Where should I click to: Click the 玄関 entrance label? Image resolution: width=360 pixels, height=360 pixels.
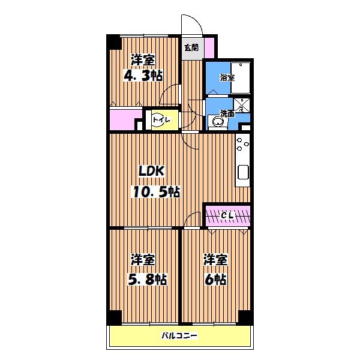[x=191, y=48]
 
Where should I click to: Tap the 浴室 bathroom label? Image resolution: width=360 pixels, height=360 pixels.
[x=227, y=77]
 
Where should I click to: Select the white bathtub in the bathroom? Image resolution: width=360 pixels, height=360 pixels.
[x=241, y=77]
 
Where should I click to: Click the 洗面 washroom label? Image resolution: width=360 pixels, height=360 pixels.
[x=227, y=113]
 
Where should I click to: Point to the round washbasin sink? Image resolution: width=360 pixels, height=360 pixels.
[x=217, y=121]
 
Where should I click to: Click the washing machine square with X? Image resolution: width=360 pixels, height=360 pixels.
[x=242, y=105]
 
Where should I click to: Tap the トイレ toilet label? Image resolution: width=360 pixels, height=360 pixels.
[x=161, y=120]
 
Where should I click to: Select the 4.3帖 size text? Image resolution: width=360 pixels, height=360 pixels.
[x=143, y=76]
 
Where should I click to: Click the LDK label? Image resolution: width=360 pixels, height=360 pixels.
[x=151, y=171]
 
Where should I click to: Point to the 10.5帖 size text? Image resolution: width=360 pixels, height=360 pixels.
[x=156, y=192]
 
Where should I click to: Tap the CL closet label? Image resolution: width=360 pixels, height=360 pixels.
[x=227, y=215]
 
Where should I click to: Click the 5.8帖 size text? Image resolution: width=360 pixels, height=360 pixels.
[x=147, y=280]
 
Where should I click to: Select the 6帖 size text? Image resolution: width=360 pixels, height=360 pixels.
[x=215, y=280]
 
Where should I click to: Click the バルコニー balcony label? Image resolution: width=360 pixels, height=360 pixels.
[x=179, y=336]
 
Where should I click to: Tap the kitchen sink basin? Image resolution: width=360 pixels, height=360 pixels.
[x=243, y=172]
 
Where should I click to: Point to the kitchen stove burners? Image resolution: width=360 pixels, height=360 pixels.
[x=243, y=144]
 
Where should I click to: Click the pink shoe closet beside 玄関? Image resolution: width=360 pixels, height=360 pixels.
[x=209, y=48]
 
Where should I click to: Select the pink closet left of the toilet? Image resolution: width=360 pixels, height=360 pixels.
[x=124, y=119]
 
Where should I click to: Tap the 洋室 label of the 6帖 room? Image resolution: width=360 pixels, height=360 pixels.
[x=215, y=260]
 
